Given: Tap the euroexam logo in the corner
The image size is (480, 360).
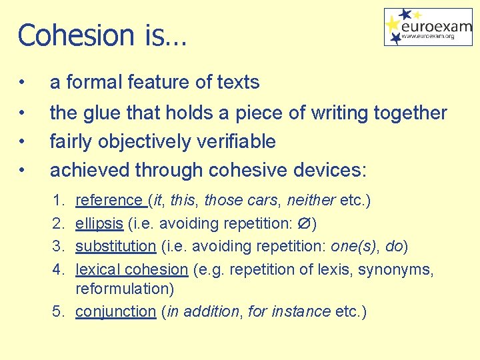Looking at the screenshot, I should point(428,27).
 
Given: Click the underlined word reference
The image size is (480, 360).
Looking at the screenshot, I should point(109,201).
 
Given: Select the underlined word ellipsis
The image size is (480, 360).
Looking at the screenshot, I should point(99,223).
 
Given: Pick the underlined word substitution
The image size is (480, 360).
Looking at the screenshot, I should point(115,246).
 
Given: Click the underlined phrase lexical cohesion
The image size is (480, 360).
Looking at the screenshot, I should point(132,269).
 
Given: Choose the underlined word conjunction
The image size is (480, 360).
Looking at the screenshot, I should point(115,311).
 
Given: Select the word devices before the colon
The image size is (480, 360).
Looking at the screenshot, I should point(327,170).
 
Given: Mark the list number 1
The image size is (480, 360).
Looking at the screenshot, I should point(59,201).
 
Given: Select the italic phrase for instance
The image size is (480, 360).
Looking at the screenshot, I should point(289,311).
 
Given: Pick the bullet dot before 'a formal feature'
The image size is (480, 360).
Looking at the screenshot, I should point(23,83).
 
